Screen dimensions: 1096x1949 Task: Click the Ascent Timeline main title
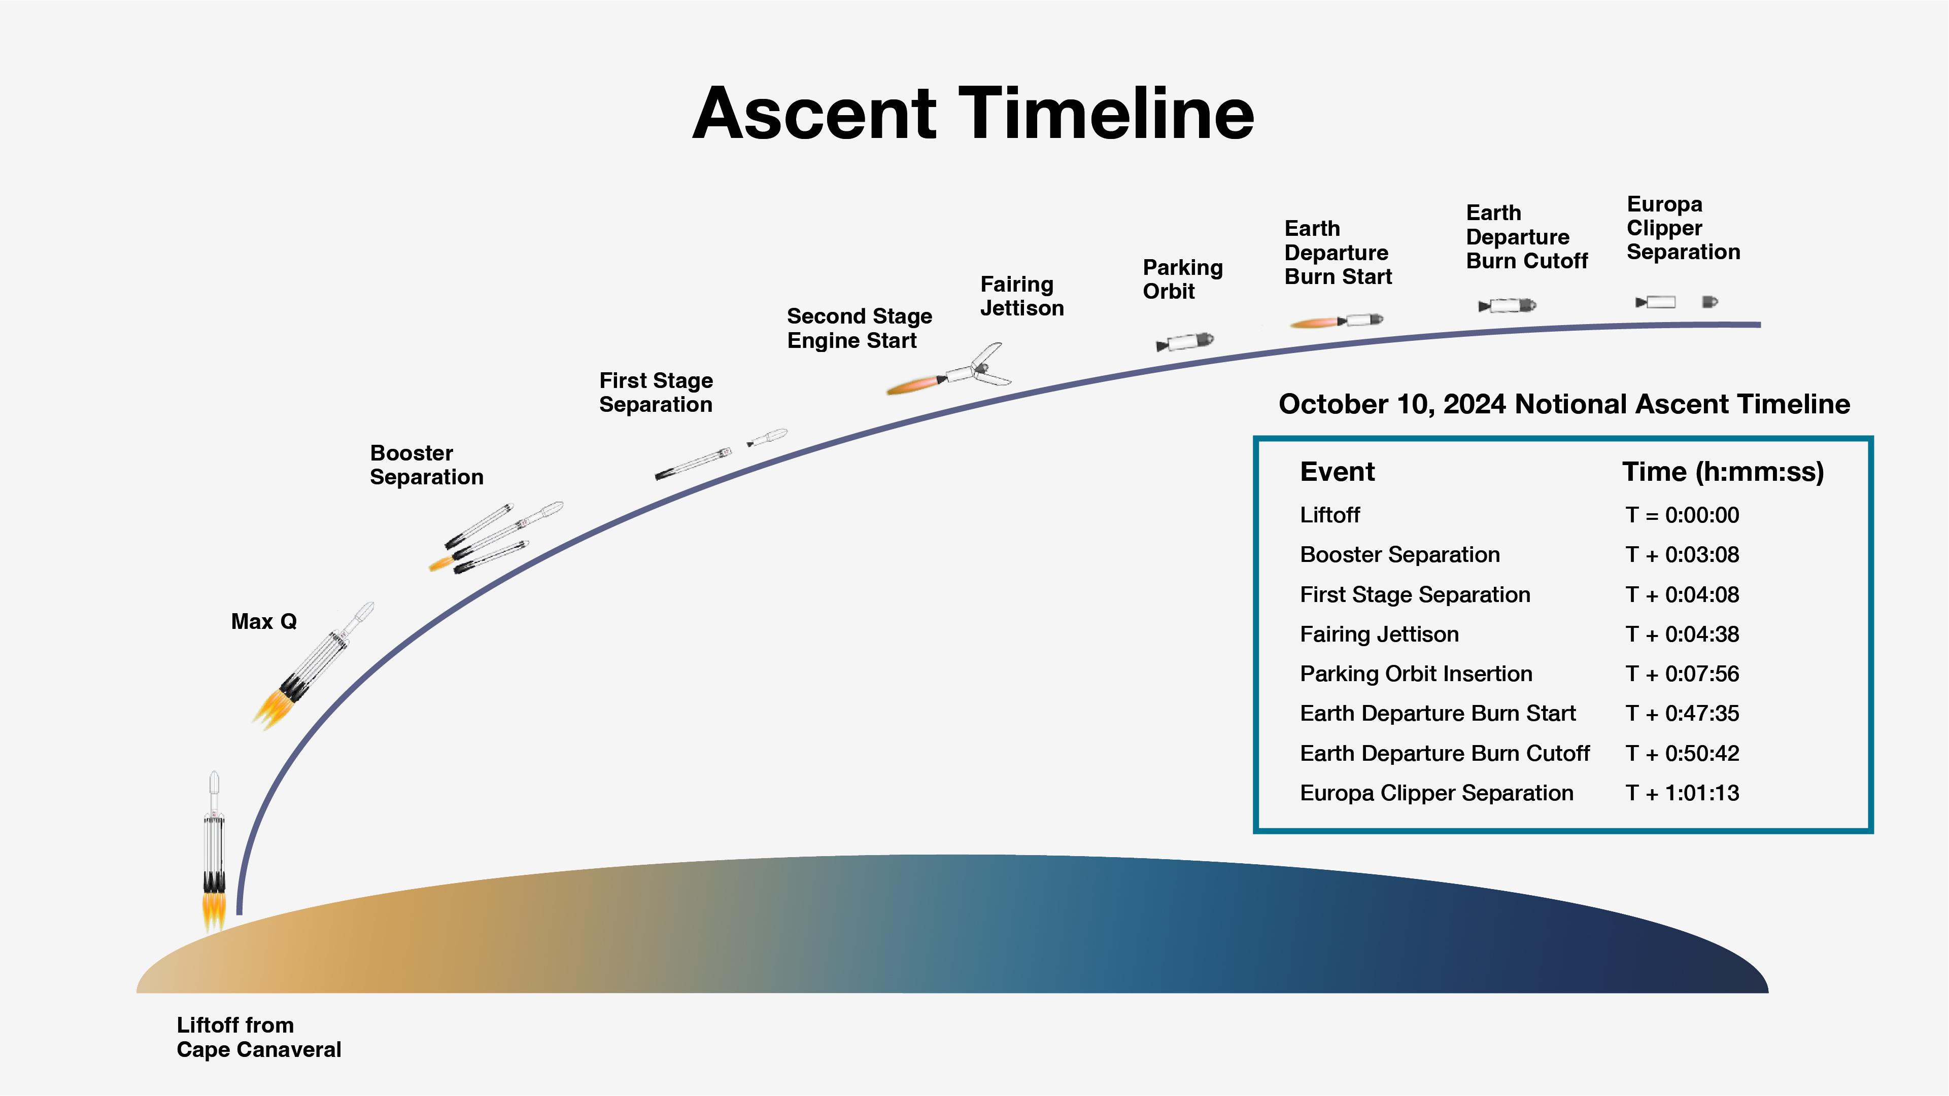(973, 114)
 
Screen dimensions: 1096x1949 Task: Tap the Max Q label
(263, 622)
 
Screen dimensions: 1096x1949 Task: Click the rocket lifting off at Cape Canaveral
(214, 847)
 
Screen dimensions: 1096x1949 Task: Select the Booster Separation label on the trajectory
(426, 465)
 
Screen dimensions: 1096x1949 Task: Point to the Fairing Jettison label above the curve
(1021, 296)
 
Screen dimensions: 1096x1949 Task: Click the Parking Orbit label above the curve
(1182, 279)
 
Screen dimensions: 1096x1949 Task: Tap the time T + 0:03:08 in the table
(1682, 555)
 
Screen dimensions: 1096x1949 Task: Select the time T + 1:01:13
(1682, 793)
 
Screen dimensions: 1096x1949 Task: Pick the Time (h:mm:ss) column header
(1723, 472)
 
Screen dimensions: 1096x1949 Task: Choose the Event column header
(1337, 472)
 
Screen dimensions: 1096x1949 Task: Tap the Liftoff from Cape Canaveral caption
(259, 1037)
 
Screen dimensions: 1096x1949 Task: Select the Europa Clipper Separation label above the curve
(1683, 228)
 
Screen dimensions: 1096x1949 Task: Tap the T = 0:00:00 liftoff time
(1682, 515)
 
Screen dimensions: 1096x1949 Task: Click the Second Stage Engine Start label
(859, 328)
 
